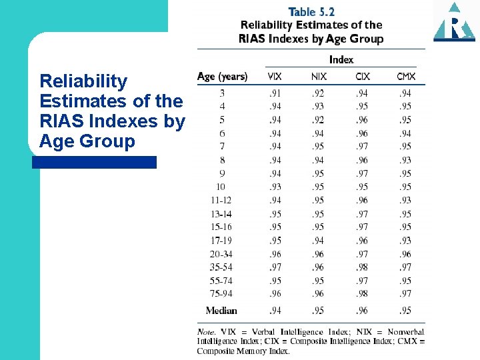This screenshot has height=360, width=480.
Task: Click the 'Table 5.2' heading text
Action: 311,12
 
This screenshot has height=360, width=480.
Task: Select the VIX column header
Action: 275,77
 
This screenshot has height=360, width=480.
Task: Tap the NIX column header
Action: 319,77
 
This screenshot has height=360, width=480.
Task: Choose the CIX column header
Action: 362,77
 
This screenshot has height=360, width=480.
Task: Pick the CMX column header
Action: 405,77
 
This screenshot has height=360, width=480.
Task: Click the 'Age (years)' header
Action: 222,77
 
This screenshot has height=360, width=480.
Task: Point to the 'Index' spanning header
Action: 341,59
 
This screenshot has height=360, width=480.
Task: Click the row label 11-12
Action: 221,200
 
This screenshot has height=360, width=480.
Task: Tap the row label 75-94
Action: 221,293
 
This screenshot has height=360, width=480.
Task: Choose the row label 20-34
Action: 221,253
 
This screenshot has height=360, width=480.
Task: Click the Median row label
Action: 221,310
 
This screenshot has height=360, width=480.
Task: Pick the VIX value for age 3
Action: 275,93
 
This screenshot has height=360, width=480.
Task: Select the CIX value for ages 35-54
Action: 362,267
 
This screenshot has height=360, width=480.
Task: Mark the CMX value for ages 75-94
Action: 405,293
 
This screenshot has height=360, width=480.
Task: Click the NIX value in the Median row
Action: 319,310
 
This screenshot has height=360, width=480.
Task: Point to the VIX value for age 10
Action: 275,187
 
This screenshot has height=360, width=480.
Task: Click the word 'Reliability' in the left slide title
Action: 83,81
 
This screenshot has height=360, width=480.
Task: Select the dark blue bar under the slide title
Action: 94,162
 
